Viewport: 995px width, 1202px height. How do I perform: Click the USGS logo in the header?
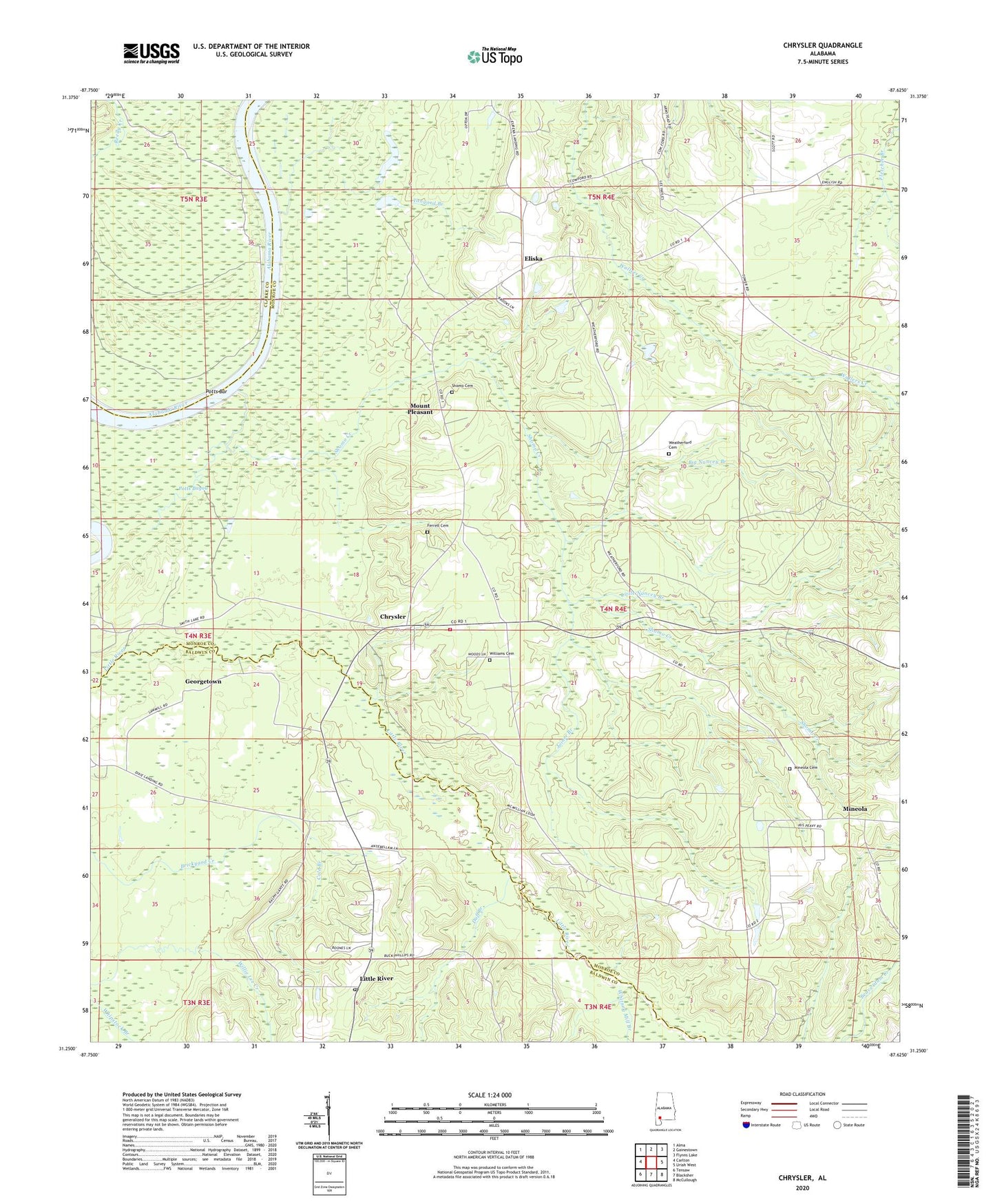pyautogui.click(x=151, y=53)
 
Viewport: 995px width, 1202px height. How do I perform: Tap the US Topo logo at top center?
pyautogui.click(x=494, y=56)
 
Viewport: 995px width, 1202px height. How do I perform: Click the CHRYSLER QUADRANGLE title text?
pyautogui.click(x=822, y=45)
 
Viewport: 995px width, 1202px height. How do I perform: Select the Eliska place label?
pyautogui.click(x=533, y=259)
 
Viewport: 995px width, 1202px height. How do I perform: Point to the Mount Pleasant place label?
pyautogui.click(x=420, y=409)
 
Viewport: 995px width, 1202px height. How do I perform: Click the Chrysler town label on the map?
pyautogui.click(x=393, y=617)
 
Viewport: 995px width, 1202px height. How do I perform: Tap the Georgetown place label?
pyautogui.click(x=203, y=682)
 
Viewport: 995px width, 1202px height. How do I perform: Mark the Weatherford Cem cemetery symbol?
pyautogui.click(x=669, y=454)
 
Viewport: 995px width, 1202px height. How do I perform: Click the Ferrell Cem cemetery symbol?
pyautogui.click(x=427, y=532)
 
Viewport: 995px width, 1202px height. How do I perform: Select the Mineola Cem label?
pyautogui.click(x=804, y=768)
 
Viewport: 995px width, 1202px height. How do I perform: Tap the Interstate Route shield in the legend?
pyautogui.click(x=746, y=1126)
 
